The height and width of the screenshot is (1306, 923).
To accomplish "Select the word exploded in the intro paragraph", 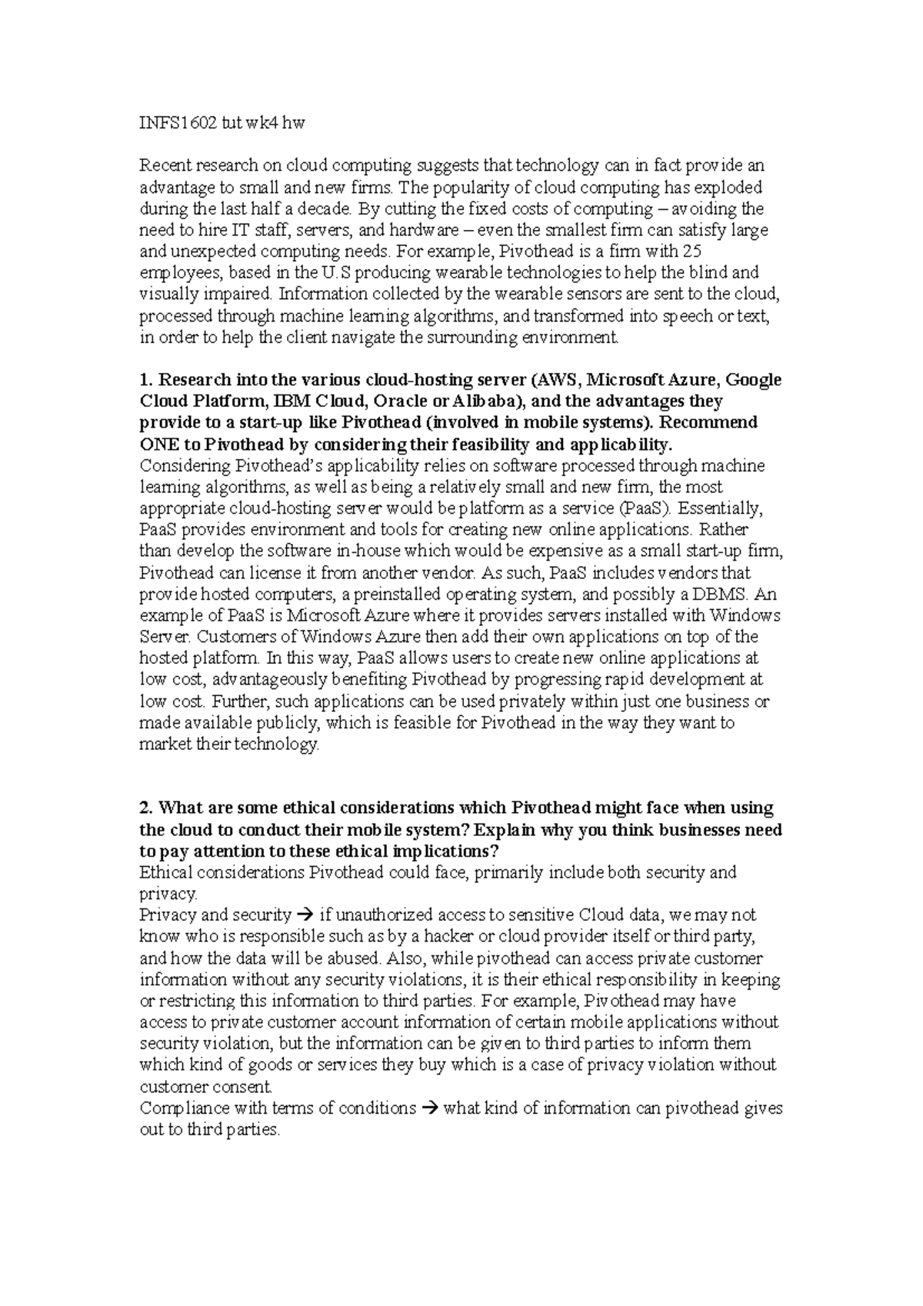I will click(x=725, y=187).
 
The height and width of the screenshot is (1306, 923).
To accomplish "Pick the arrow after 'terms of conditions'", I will click(x=430, y=1108).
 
